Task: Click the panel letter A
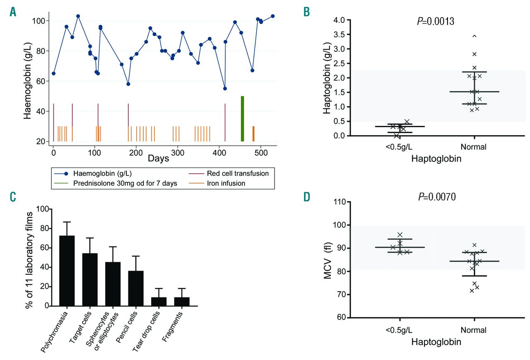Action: [x=13, y=12]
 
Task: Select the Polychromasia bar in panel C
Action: [x=67, y=271]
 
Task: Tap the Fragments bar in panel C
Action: [x=182, y=301]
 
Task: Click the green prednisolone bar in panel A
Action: [x=242, y=118]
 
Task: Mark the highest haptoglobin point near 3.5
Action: [x=475, y=36]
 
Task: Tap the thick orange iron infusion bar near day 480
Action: [x=253, y=133]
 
